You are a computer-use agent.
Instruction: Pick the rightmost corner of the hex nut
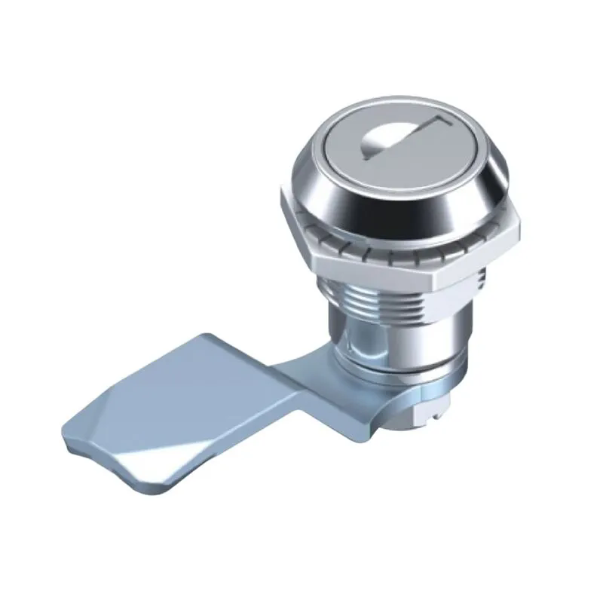click(x=520, y=240)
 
